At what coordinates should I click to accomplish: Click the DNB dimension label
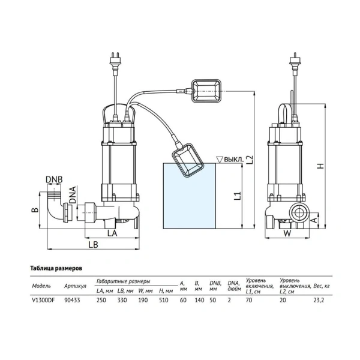tap(54, 179)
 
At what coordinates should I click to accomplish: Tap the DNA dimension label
tap(73, 194)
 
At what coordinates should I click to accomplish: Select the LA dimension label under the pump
tap(113, 233)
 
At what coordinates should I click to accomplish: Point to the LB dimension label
tap(94, 245)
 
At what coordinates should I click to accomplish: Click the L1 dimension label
tap(238, 196)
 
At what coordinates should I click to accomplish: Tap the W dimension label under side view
tap(287, 233)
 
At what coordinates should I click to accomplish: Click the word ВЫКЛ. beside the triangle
tap(233, 160)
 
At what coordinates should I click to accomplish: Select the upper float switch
tap(206, 91)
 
